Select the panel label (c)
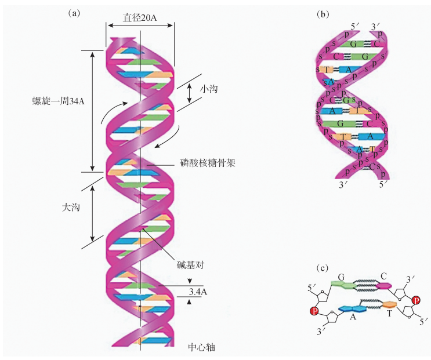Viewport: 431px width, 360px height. pyautogui.click(x=323, y=267)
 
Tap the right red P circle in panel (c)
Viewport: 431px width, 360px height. pyautogui.click(x=415, y=300)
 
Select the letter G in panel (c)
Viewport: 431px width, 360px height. pyautogui.click(x=342, y=278)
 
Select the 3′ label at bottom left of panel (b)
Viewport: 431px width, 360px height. pyautogui.click(x=344, y=186)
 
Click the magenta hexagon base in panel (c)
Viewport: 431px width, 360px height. pyautogui.click(x=383, y=285)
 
